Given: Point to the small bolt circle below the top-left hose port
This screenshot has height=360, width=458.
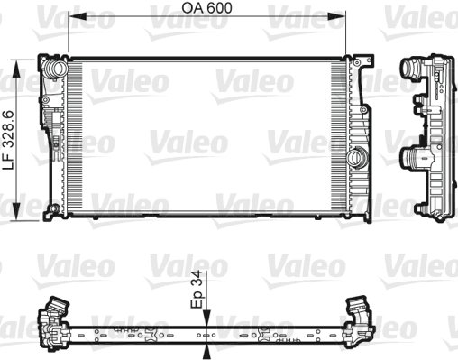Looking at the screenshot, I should (x=43, y=95).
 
